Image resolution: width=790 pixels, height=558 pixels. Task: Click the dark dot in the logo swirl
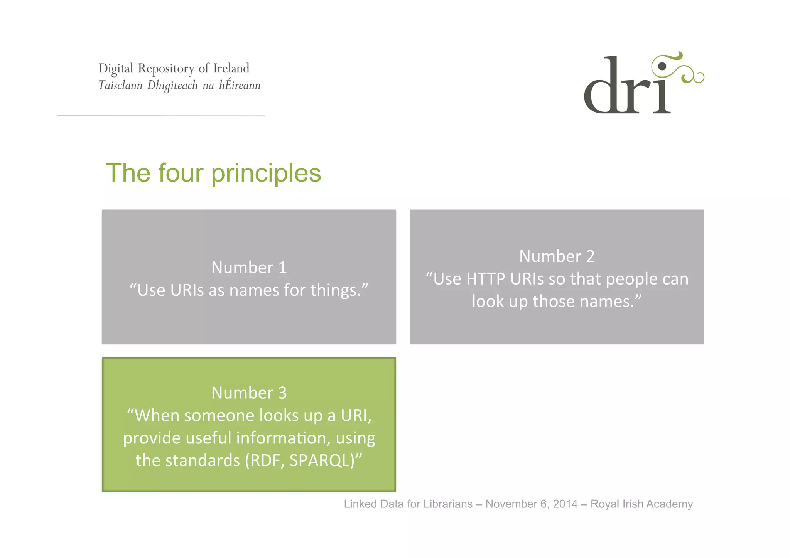click(x=662, y=66)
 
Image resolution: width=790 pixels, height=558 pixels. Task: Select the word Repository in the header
click(x=166, y=69)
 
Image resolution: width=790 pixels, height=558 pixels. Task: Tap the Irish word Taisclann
click(x=120, y=85)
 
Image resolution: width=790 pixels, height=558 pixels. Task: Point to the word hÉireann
click(x=240, y=85)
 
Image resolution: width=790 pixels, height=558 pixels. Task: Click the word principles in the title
click(x=266, y=173)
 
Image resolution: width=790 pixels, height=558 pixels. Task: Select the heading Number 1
click(x=249, y=268)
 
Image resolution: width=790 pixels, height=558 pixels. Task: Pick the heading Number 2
click(x=557, y=256)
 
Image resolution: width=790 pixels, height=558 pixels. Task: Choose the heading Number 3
click(x=249, y=393)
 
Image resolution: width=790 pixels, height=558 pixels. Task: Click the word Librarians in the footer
click(x=448, y=504)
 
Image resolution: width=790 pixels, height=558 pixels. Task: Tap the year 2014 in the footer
click(x=565, y=504)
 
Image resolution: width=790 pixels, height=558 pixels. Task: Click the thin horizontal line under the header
click(x=161, y=115)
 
